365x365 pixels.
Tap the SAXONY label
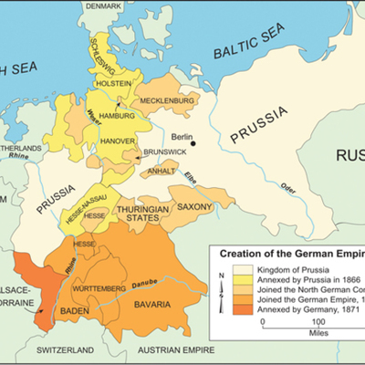point(194,207)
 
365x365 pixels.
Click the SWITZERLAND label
point(65,350)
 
